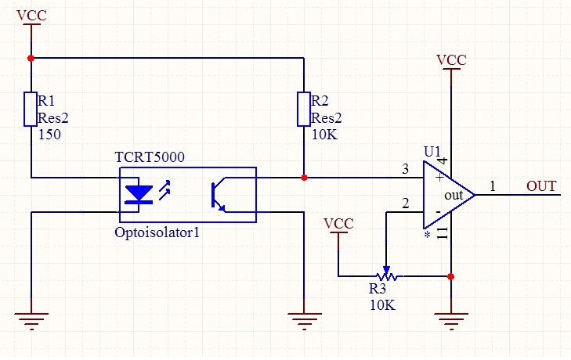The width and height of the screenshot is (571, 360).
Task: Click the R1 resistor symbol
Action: (x=31, y=110)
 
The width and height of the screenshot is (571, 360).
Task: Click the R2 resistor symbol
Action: (x=304, y=110)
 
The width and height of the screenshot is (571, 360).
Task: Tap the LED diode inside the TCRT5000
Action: (x=139, y=194)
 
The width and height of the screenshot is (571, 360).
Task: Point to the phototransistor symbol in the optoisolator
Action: (x=219, y=194)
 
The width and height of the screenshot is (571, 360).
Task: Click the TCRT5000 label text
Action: (x=150, y=157)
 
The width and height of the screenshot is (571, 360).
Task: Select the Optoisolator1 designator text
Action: (x=157, y=232)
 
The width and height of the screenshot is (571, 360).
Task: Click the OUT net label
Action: (x=541, y=186)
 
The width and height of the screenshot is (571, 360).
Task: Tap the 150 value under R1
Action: (x=49, y=135)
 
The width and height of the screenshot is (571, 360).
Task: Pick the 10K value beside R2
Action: (x=324, y=135)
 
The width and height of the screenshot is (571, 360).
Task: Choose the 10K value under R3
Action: (x=382, y=305)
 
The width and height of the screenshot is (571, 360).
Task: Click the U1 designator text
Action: (x=432, y=152)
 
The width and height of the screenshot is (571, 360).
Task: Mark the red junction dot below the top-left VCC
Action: (x=31, y=58)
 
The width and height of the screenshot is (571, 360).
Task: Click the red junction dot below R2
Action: (x=304, y=178)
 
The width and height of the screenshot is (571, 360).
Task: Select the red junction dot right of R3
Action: (x=451, y=276)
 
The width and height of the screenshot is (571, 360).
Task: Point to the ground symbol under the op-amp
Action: (x=451, y=321)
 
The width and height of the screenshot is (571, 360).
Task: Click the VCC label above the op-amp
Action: (x=451, y=60)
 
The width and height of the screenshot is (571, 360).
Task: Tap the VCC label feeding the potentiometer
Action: (x=338, y=224)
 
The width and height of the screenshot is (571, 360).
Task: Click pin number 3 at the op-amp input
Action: (x=405, y=169)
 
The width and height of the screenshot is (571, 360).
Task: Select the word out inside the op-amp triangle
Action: (x=454, y=196)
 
